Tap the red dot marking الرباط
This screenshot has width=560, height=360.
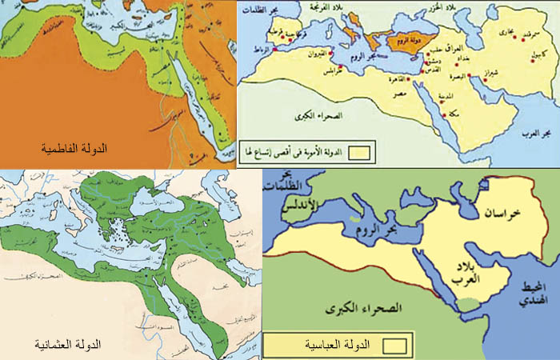click(x=274, y=50)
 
